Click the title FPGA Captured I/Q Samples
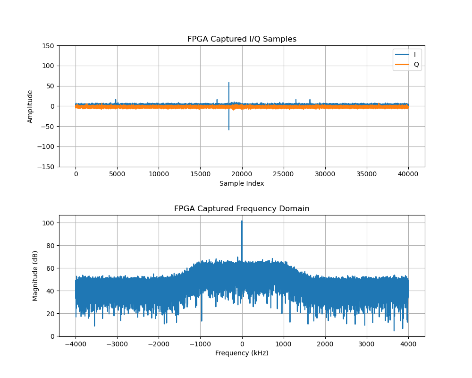242,39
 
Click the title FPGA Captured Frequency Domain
242,209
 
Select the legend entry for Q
416,64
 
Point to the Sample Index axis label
242,183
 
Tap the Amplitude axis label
30,106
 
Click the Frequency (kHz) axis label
242,353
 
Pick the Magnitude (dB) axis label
35,276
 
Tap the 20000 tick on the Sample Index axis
242,174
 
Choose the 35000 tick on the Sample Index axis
367,174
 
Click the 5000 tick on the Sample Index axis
117,174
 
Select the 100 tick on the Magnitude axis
49,223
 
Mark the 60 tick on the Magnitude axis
51,268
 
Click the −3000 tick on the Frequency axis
117,344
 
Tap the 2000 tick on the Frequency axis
325,344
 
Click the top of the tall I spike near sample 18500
229,83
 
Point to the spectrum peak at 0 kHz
242,221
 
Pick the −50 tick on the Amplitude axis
49,126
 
